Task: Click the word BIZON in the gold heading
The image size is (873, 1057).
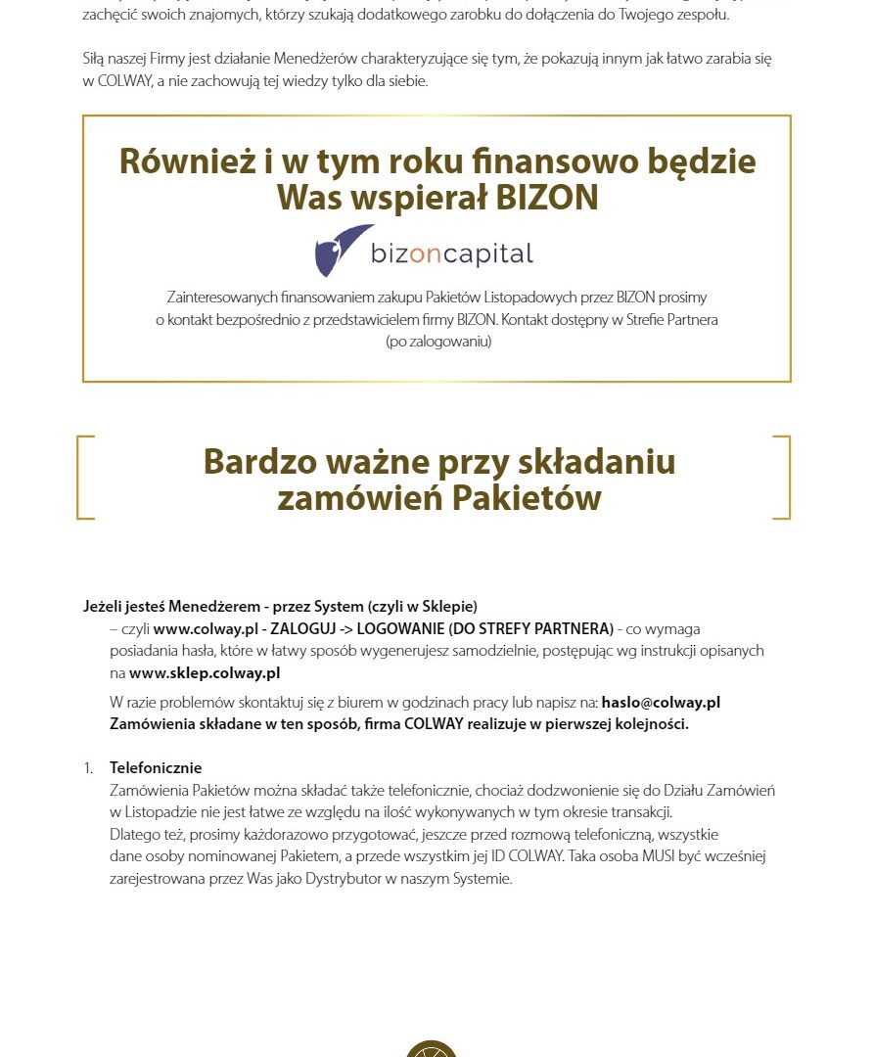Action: coord(547,198)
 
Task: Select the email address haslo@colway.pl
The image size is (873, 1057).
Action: coord(661,702)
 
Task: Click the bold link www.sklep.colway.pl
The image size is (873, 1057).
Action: coord(205,672)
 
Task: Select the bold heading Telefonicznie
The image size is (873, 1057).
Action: coord(156,767)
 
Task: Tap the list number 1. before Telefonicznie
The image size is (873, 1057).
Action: coord(89,767)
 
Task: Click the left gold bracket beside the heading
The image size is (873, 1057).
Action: coord(83,477)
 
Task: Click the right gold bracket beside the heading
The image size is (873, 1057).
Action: coord(782,477)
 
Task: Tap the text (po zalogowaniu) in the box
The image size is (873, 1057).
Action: coord(437,342)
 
